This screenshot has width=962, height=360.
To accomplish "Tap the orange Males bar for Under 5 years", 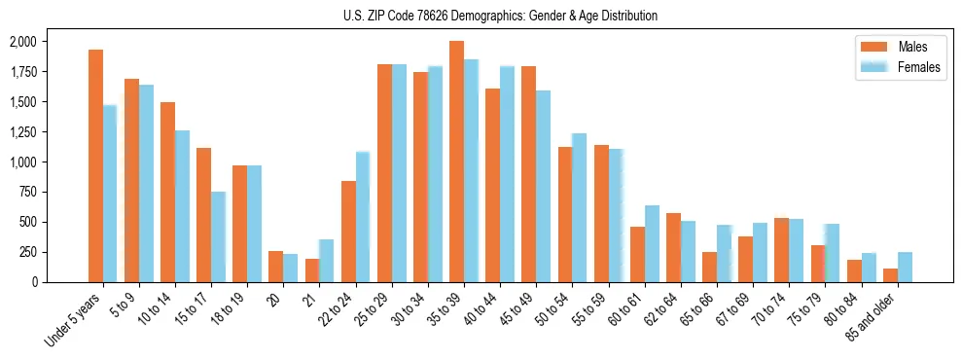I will (x=95, y=165).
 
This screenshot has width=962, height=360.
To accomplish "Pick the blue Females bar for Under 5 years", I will (x=110, y=194).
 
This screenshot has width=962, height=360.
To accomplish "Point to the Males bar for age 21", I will (x=312, y=270).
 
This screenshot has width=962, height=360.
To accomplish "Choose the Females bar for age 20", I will (x=291, y=268).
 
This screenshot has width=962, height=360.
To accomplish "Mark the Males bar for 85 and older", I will (x=890, y=275).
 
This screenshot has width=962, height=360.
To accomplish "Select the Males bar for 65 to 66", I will (x=709, y=267).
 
